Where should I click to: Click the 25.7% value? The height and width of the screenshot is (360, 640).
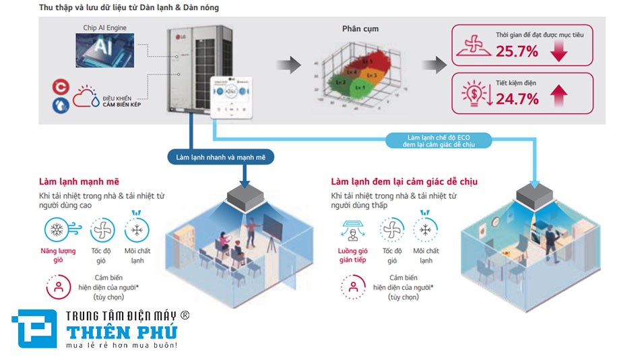coord(517,51)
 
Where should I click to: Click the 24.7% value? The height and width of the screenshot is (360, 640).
coord(517,99)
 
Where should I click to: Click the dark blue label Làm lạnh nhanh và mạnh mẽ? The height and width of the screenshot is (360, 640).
coord(222,158)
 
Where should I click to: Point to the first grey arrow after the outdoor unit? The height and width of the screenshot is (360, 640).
coord(290,65)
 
